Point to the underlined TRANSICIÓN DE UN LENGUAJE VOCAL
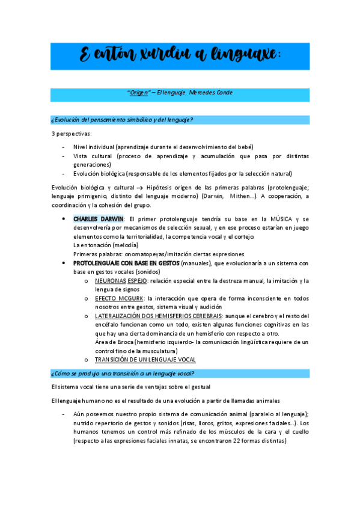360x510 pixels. pos(145,360)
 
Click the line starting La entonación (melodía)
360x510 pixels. pos(105,245)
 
